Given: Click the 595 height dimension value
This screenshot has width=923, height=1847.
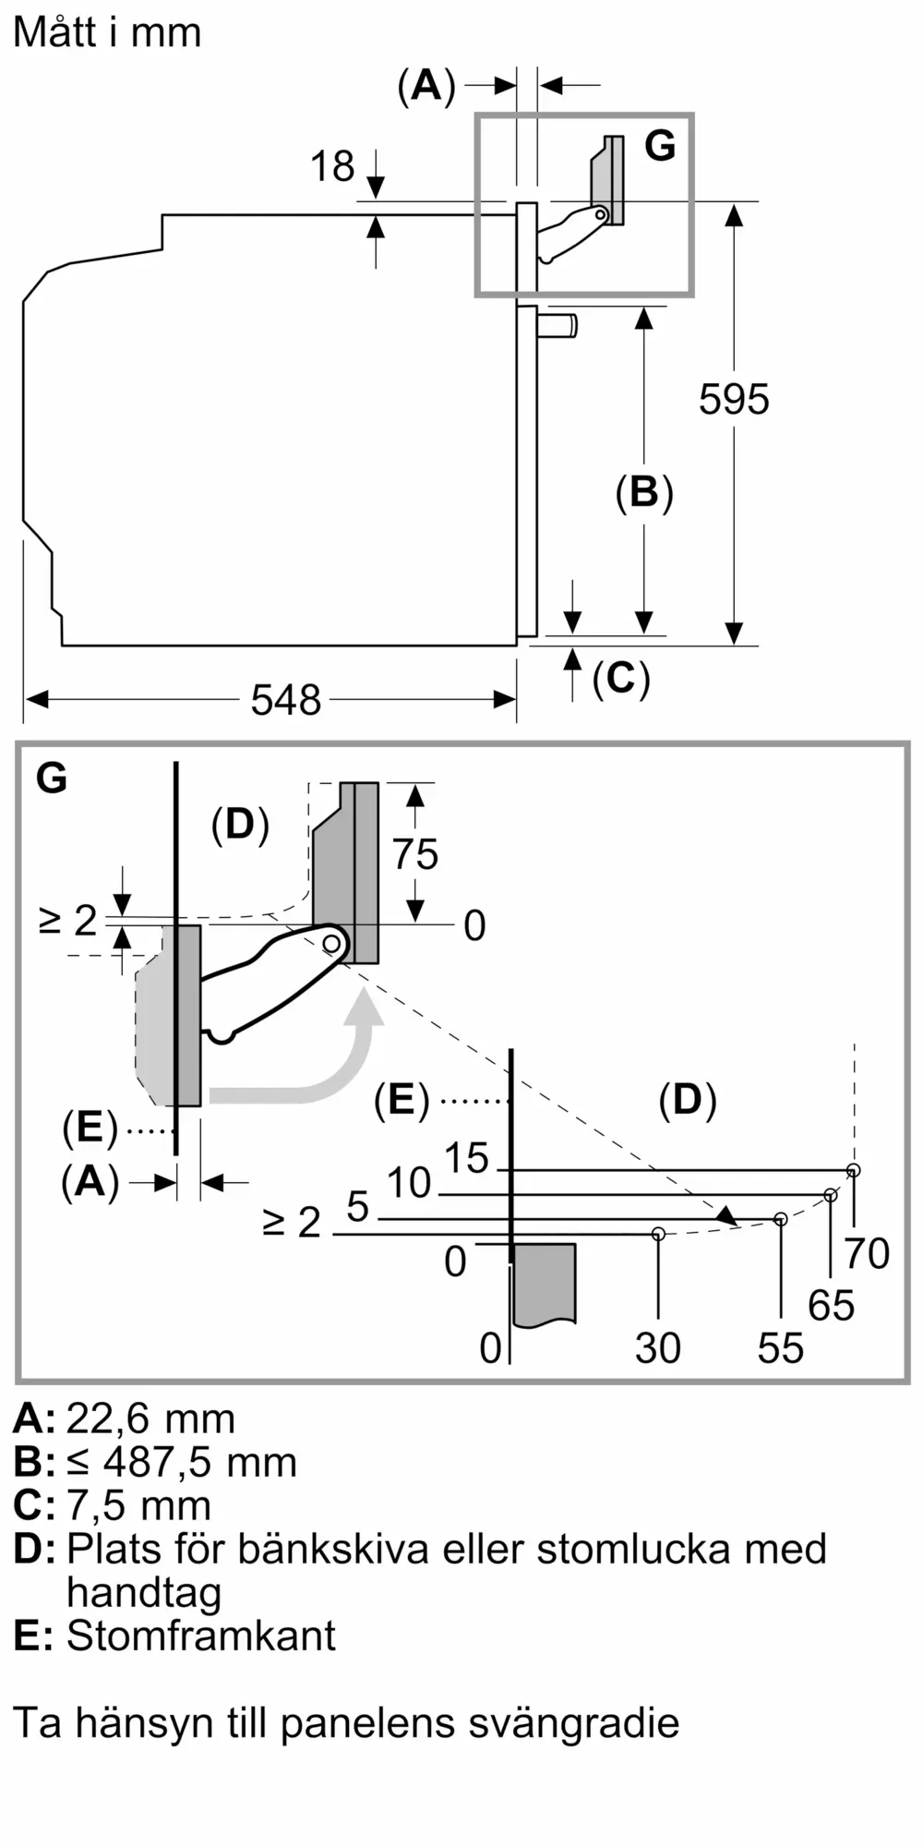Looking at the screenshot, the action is tap(734, 399).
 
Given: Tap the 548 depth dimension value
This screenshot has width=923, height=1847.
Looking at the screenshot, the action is tap(286, 700).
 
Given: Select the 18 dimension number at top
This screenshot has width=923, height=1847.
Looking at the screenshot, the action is tap(332, 166).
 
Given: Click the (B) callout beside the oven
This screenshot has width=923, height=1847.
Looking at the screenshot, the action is tap(644, 492).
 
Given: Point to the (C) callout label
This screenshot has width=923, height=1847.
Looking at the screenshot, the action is tap(621, 679).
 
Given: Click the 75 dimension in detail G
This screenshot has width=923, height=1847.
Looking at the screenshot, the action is tap(415, 854).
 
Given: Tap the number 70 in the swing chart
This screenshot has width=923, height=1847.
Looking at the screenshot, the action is tap(867, 1253).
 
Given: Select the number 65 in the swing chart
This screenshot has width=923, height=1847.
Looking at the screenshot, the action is tap(831, 1306).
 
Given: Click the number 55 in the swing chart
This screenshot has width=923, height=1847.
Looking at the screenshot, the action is tap(781, 1348).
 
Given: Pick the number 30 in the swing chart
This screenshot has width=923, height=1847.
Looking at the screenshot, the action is tap(658, 1348).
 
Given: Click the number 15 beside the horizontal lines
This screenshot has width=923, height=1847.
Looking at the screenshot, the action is tap(466, 1158).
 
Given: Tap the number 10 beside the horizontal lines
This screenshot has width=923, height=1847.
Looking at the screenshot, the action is tap(409, 1183).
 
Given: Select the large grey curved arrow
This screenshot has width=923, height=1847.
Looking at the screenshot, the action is tap(314, 1062).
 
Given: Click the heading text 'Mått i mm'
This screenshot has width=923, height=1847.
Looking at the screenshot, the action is tap(107, 33).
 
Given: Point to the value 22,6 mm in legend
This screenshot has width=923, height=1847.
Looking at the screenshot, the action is tap(150, 1418).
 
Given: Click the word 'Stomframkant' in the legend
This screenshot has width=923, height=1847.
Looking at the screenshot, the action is tap(200, 1636).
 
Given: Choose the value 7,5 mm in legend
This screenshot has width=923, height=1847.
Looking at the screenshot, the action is tap(138, 1505).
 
